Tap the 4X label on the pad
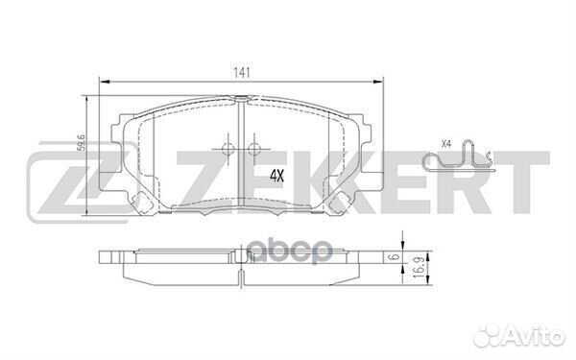click(x=277, y=176)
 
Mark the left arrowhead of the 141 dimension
click(x=102, y=83)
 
